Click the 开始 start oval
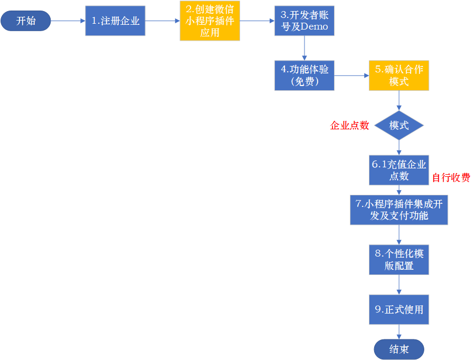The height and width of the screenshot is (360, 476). pyautogui.click(x=25, y=21)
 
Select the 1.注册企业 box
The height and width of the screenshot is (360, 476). pyautogui.click(x=115, y=21)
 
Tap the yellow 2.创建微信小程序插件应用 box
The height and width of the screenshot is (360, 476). pyautogui.click(x=210, y=21)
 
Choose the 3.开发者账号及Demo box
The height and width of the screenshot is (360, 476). pyautogui.click(x=304, y=21)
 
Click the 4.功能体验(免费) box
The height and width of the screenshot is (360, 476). pyautogui.click(x=304, y=75)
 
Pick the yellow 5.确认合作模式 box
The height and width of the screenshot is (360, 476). pyautogui.click(x=398, y=75)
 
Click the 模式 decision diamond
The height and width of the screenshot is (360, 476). pyautogui.click(x=398, y=126)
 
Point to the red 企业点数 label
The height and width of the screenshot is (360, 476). pyautogui.click(x=349, y=126)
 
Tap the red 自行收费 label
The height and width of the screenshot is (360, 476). pyautogui.click(x=451, y=178)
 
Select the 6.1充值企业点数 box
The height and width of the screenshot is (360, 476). pyautogui.click(x=398, y=170)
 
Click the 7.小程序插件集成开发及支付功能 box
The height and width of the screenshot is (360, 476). pyautogui.click(x=398, y=210)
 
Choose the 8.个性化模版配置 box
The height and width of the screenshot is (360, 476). pyautogui.click(x=398, y=260)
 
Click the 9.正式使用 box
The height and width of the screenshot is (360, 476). pyautogui.click(x=398, y=309)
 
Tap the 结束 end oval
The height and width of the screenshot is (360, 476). pyautogui.click(x=398, y=349)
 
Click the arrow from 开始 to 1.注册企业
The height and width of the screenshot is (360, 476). pyautogui.click(x=68, y=21)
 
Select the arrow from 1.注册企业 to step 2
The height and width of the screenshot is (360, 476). pyautogui.click(x=162, y=21)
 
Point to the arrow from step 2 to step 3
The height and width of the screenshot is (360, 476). pyautogui.click(x=257, y=21)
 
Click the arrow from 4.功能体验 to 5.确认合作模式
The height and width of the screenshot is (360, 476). pyautogui.click(x=351, y=75)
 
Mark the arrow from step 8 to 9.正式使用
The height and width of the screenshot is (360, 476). pyautogui.click(x=398, y=285)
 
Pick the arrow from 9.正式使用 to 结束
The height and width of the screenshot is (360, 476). pyautogui.click(x=398, y=331)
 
